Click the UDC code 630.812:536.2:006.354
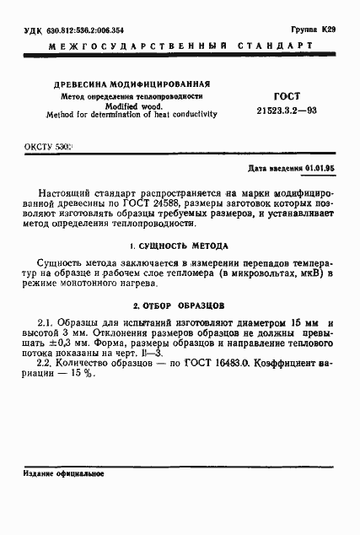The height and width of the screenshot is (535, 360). (x=73, y=30)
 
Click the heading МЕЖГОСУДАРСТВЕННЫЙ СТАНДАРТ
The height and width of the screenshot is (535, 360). (x=180, y=51)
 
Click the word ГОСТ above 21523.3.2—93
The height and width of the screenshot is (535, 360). (x=287, y=97)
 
